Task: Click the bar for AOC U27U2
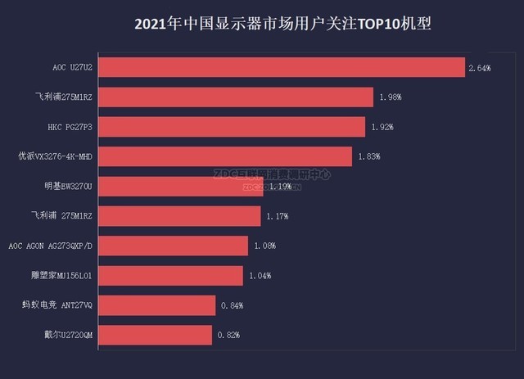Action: [x=282, y=67]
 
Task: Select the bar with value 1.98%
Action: [x=237, y=97]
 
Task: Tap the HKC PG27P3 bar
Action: [x=232, y=127]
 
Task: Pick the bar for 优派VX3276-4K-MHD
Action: [x=225, y=156]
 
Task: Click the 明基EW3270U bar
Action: [x=181, y=187]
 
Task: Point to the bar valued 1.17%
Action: [x=179, y=216]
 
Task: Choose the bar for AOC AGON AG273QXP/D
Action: [x=173, y=246]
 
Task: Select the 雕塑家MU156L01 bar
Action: [x=170, y=275]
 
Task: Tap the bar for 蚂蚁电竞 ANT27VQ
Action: [x=156, y=305]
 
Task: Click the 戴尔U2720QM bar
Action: [x=155, y=335]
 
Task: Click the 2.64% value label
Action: [x=479, y=68]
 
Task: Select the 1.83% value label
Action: [x=368, y=156]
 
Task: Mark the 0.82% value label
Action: [x=228, y=335]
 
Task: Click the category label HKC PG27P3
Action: [x=70, y=127]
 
